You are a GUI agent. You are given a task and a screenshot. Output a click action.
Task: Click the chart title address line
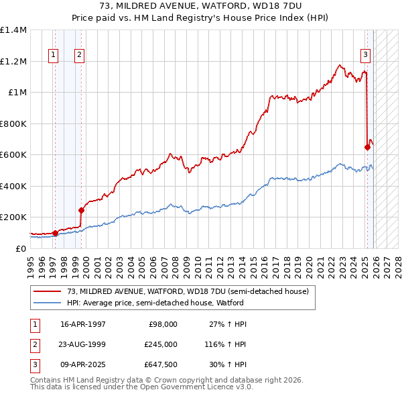(200, 7)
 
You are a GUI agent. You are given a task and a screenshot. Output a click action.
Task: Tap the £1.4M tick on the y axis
(13, 30)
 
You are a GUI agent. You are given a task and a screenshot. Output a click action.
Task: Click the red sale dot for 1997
(55, 233)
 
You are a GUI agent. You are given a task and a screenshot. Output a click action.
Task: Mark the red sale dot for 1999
(81, 210)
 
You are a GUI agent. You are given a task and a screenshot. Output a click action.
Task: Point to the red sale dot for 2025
(367, 148)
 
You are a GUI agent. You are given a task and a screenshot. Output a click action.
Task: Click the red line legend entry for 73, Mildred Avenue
(188, 291)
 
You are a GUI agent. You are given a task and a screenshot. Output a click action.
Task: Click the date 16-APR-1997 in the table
(83, 324)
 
